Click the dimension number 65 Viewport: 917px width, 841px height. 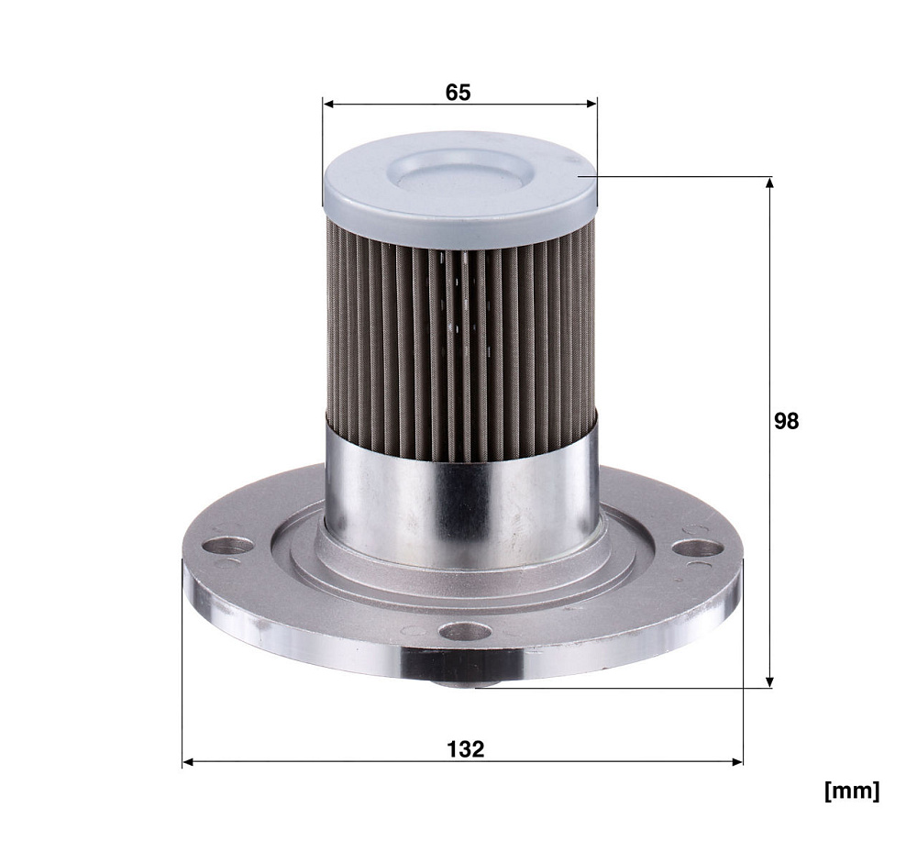tap(458, 93)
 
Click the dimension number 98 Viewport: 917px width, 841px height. tap(786, 420)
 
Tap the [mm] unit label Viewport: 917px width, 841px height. tap(852, 791)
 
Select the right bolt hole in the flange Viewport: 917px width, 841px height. tap(697, 548)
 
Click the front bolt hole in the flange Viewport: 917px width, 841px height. tap(466, 631)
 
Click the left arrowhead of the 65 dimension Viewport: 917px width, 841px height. tap(328, 105)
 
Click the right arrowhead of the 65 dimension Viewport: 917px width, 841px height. tap(591, 105)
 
